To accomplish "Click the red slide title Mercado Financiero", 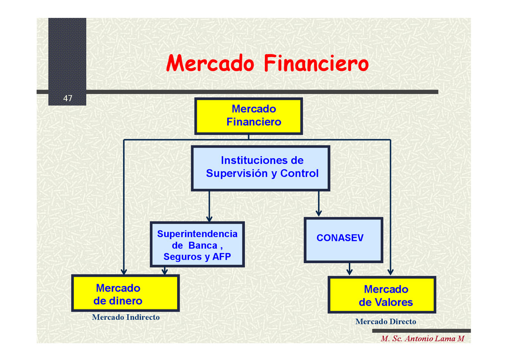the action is click(267, 64).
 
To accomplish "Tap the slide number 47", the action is click(67, 99).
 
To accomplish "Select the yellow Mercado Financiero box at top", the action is click(249, 116).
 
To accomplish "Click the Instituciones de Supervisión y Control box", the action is click(260, 168).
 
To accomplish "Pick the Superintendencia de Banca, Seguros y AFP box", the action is click(197, 244).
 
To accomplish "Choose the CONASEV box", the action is click(343, 240).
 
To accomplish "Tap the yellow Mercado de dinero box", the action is click(125, 294).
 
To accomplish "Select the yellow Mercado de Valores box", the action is click(382, 295).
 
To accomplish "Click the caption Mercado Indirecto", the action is click(126, 317).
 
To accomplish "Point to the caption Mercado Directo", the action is click(385, 322).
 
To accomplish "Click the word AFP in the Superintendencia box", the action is click(221, 257).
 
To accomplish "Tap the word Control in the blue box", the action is click(300, 174).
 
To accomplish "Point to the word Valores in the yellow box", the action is click(394, 302).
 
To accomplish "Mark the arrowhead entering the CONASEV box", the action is click(318, 214).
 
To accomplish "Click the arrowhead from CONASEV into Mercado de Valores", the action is click(349, 272).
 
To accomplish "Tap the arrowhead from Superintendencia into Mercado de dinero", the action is click(165, 271).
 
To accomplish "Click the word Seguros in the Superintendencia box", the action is click(182, 257).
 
